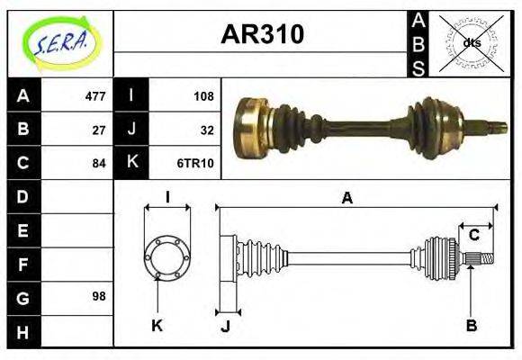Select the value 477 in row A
pyautogui.click(x=94, y=96)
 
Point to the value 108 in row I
pyautogui.click(x=202, y=96)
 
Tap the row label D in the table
pyautogui.click(x=23, y=196)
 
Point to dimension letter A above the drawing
pyautogui.click(x=346, y=198)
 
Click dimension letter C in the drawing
pyautogui.click(x=473, y=236)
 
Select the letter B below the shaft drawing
pyautogui.click(x=471, y=325)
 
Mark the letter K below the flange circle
pyautogui.click(x=156, y=325)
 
